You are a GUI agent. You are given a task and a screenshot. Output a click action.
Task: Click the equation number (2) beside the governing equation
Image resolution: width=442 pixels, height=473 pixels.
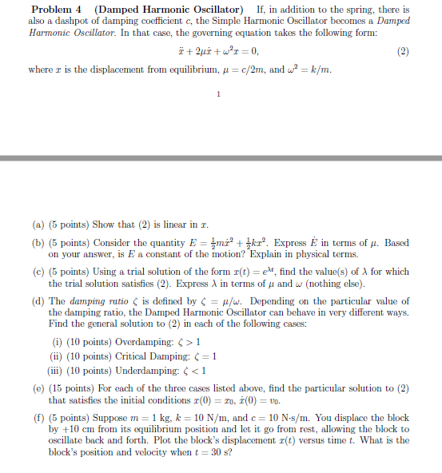pyautogui.click(x=403, y=51)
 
